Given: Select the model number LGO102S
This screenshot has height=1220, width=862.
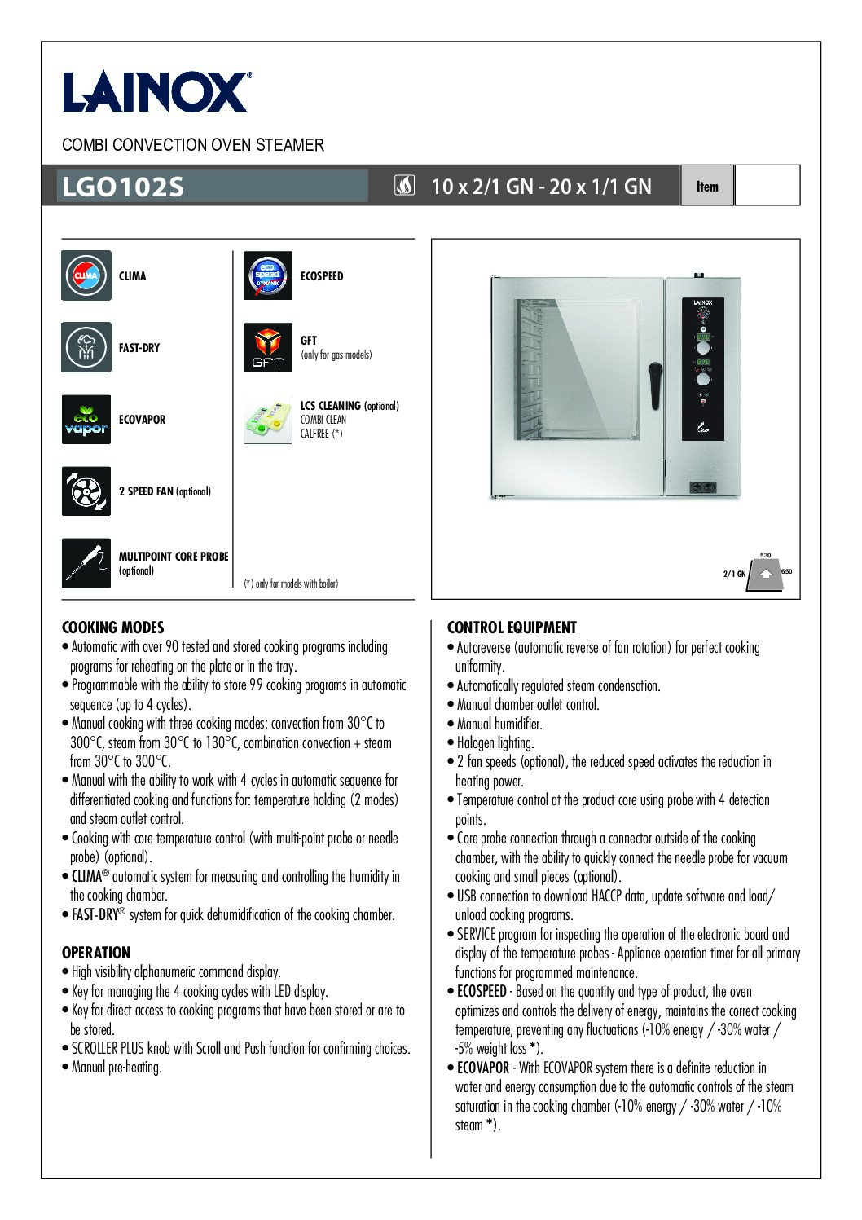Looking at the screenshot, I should point(123,187).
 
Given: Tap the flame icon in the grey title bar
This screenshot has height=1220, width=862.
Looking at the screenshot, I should point(404,186).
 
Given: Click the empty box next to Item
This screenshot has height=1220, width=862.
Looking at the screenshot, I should point(767,185).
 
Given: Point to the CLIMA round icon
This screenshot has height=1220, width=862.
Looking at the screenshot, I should point(86,275).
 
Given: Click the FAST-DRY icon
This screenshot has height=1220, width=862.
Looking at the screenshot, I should point(86,347).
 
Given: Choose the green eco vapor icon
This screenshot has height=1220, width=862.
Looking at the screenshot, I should point(86,419).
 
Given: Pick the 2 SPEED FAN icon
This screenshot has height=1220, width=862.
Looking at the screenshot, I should point(86,491).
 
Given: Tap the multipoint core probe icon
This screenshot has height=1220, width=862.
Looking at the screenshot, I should point(86,562).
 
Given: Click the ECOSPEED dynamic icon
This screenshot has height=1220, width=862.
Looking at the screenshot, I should point(268,275).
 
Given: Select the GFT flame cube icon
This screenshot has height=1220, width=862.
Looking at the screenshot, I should point(268,347).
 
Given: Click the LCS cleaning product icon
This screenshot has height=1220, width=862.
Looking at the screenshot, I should point(268,420).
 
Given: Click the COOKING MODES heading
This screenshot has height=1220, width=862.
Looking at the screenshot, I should point(113,628).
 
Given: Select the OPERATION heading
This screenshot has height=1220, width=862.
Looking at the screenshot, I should point(96,953).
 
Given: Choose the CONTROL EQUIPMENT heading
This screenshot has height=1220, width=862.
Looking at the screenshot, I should point(512,628).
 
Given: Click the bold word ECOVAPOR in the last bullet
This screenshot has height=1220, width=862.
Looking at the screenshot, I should point(483,1068).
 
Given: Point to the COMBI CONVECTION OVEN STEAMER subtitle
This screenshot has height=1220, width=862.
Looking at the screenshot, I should point(193,145).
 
